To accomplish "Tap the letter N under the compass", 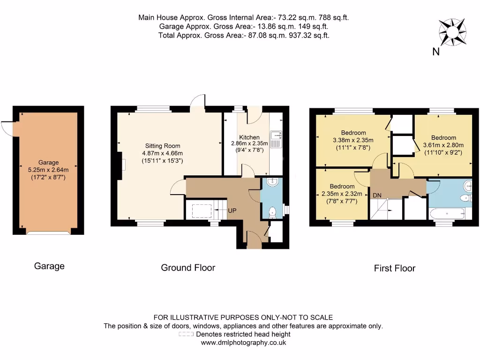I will pyautogui.click(x=435, y=52).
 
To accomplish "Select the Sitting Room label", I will pyautogui.click(x=162, y=146).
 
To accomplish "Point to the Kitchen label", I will pyautogui.click(x=249, y=137).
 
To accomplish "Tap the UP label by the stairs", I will pyautogui.click(x=232, y=211).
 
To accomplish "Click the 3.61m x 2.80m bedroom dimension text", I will pyautogui.click(x=443, y=145).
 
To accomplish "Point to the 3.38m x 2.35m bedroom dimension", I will pyautogui.click(x=353, y=140).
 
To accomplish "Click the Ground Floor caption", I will pyautogui.click(x=188, y=268).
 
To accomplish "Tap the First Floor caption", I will pyautogui.click(x=394, y=269).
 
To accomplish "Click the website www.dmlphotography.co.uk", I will pyautogui.click(x=243, y=343).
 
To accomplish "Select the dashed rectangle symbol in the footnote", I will pyautogui.click(x=186, y=335).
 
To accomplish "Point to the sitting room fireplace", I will pyautogui.click(x=121, y=165).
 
